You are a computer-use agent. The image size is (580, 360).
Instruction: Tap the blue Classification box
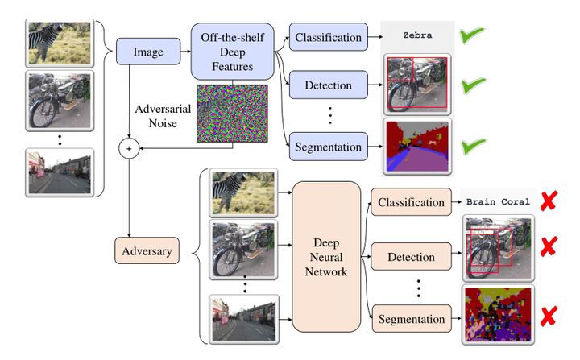pos(328,37)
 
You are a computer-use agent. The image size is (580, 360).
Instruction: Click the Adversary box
pos(147,250)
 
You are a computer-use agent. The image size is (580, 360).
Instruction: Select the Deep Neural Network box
pos(326,257)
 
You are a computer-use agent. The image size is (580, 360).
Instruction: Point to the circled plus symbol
pos(129,147)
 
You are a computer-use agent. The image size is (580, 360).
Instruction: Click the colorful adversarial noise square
pos(233,114)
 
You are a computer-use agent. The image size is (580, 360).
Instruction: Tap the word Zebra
pos(416,37)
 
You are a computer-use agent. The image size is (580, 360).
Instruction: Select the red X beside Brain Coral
pos(550,202)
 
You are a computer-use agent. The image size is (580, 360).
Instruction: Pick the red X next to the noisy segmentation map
pos(550,317)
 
